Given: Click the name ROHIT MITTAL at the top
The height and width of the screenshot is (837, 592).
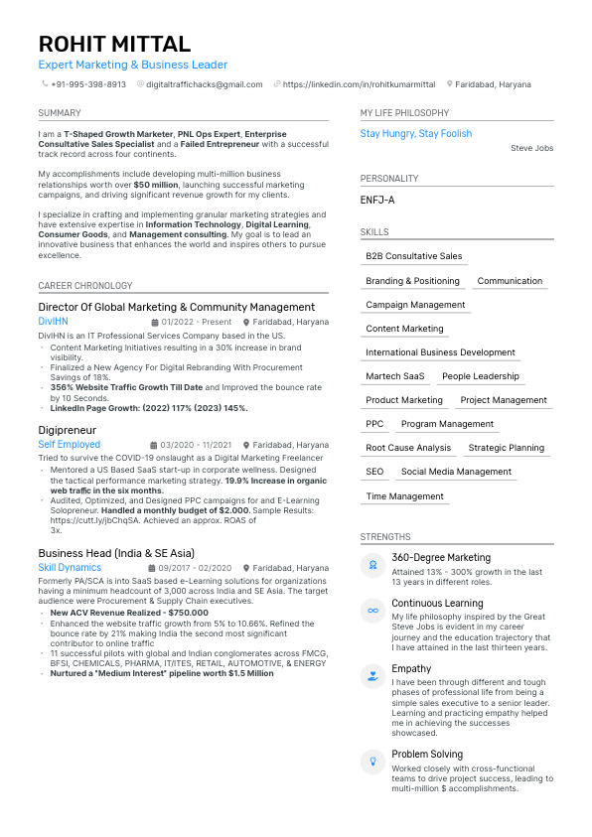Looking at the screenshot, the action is (114, 44).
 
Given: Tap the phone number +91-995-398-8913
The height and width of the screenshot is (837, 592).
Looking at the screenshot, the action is (88, 84).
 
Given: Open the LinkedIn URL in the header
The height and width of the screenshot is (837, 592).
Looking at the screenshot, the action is (360, 84).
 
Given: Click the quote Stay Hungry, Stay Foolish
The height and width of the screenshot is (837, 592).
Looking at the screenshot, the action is (416, 133).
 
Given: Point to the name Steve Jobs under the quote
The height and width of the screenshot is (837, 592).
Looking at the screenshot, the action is (531, 148).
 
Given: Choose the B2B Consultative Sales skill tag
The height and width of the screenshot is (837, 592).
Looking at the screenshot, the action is (413, 256).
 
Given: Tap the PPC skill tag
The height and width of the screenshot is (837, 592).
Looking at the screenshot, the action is (374, 424).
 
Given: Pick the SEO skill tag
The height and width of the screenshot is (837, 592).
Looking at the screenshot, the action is (374, 472).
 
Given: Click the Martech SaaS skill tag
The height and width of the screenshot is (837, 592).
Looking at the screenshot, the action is (395, 376).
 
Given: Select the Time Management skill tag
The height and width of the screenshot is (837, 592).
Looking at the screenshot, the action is (404, 496).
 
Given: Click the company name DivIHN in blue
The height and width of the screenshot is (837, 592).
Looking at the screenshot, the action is (53, 322).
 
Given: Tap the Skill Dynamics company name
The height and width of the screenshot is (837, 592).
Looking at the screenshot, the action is (70, 568).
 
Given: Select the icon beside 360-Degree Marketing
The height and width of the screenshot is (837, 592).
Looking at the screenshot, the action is (372, 565).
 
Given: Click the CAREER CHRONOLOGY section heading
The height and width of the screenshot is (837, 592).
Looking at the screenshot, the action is (84, 285).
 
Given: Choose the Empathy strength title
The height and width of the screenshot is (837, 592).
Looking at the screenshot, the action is (411, 668).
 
